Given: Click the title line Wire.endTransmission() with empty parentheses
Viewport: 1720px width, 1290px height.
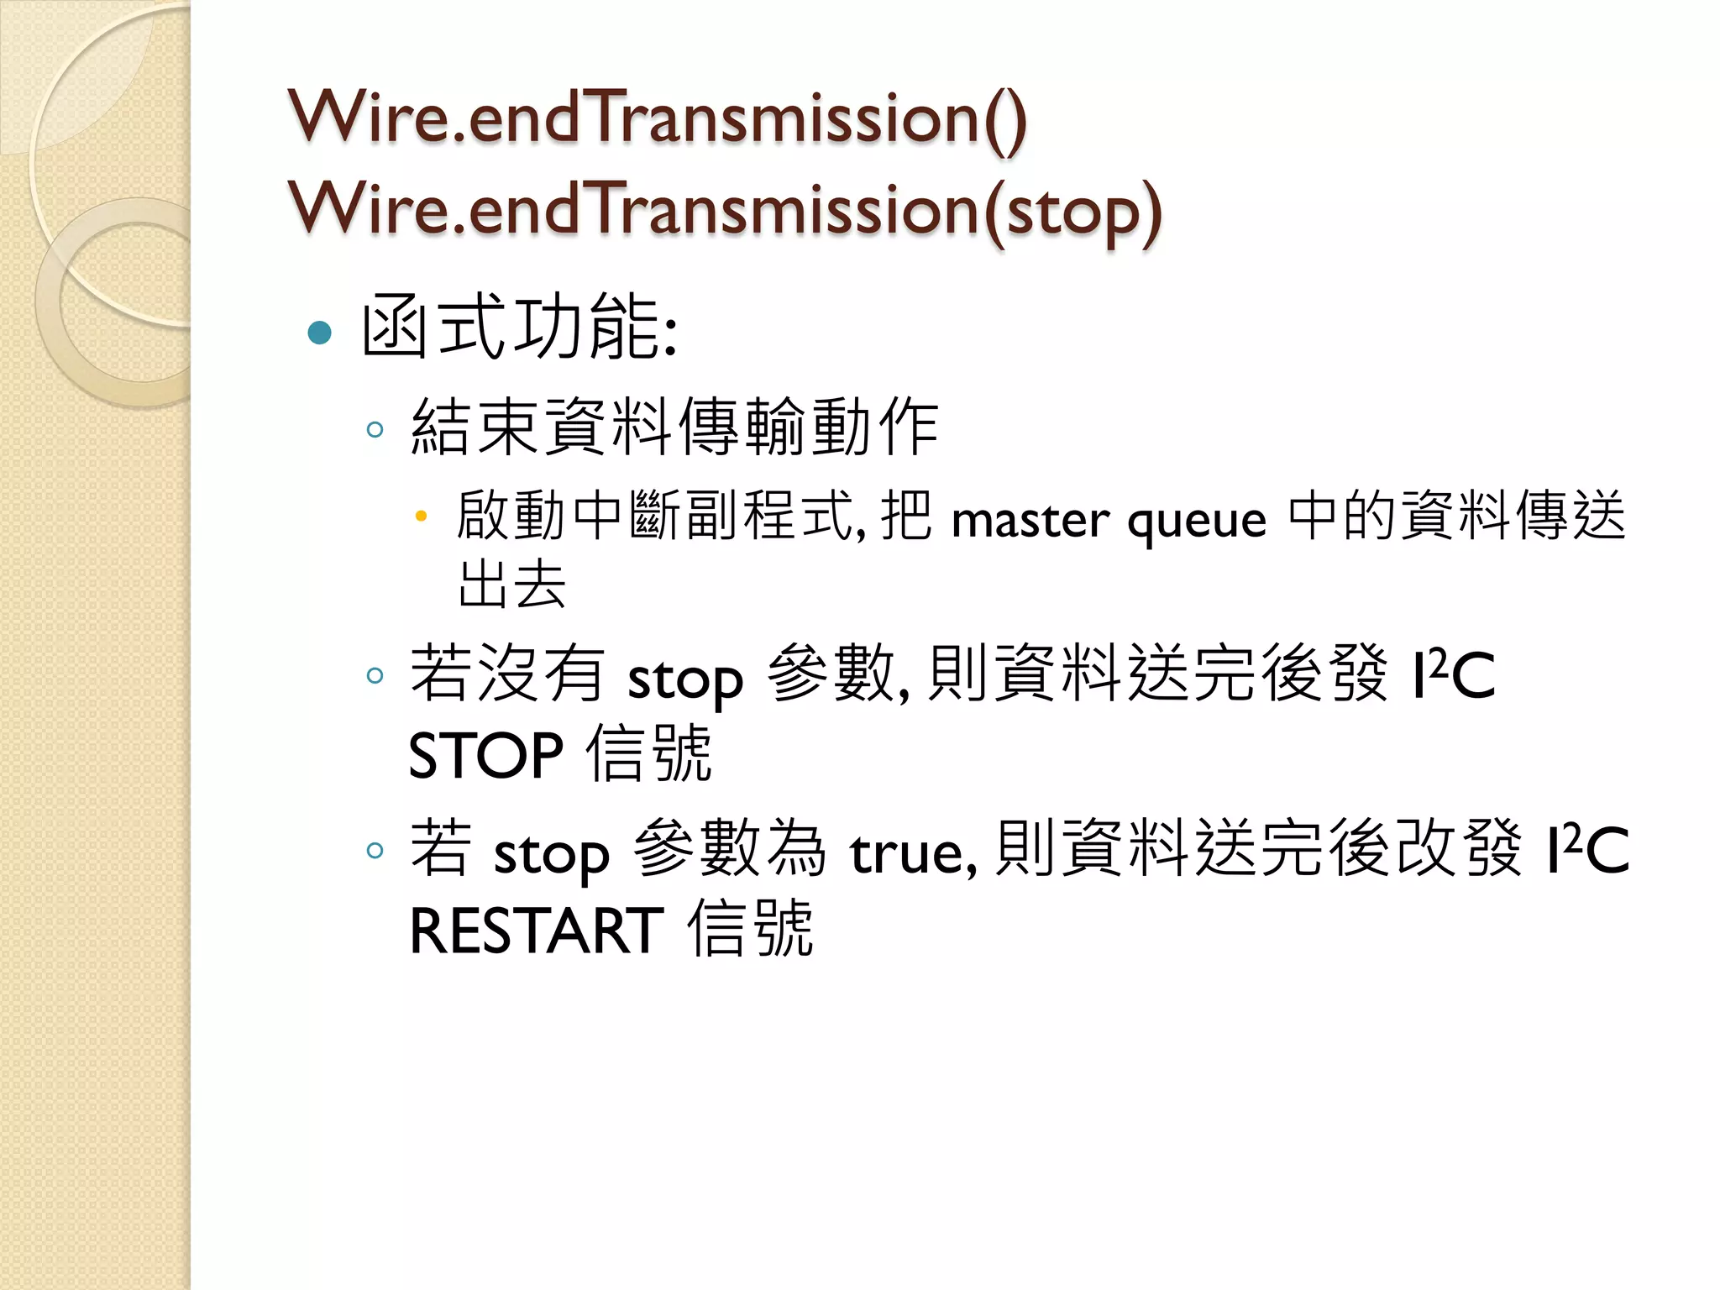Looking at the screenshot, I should pos(658,118).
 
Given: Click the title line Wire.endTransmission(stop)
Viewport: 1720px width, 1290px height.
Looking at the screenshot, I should pos(725,209).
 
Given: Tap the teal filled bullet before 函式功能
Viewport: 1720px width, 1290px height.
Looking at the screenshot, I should pos(320,333).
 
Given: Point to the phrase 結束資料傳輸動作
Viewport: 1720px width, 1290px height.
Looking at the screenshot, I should pos(674,427).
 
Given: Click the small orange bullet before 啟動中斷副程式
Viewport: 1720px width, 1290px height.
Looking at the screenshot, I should pos(422,516).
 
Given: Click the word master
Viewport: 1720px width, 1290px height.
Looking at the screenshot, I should pos(1030,520).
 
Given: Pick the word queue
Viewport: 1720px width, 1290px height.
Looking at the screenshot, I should pos(1197,522).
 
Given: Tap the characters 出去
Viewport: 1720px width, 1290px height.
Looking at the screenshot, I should pos(512,584).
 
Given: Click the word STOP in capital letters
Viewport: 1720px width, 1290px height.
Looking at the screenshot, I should pos(485,755).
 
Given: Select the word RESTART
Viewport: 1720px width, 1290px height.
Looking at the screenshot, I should pos(537,931).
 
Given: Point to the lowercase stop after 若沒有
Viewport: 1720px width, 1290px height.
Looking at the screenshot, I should pos(685,679).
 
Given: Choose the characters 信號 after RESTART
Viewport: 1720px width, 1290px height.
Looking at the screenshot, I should pos(750,928).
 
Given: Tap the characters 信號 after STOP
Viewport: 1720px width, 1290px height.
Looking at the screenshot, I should pos(648,753).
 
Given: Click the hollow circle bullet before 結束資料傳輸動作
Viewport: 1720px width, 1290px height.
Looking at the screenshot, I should pos(375,430).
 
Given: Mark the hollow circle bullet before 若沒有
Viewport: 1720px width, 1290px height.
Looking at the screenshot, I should pos(375,675).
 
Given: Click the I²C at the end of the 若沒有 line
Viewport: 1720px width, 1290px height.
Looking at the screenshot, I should pos(1454,674).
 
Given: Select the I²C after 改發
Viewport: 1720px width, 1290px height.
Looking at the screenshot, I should pos(1587,849).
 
